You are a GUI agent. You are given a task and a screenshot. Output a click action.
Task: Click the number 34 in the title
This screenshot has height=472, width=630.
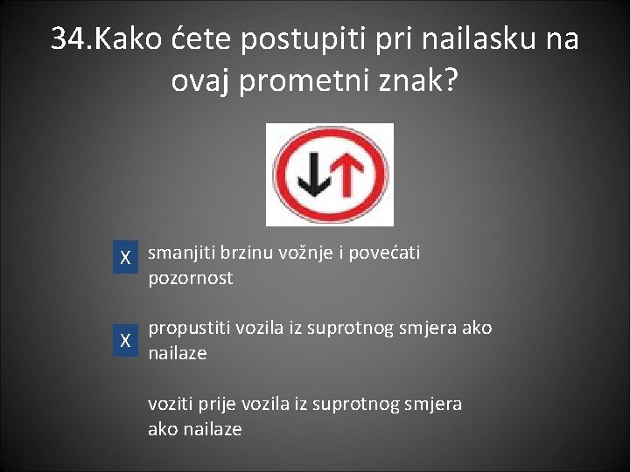[x=69, y=39]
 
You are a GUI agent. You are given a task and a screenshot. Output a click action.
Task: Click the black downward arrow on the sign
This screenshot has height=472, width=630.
[x=312, y=174]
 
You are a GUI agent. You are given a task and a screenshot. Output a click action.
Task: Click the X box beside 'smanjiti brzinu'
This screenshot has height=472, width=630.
[x=126, y=259]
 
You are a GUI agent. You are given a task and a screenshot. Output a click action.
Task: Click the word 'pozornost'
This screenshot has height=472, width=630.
[x=191, y=279]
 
